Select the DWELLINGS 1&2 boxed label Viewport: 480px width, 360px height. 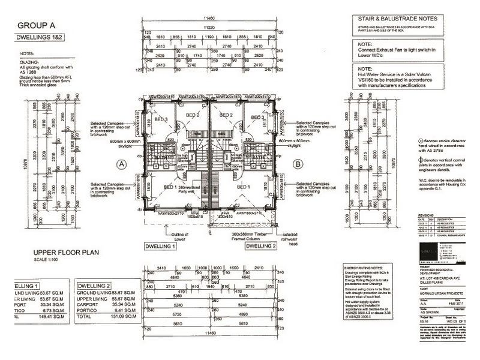click(x=43, y=38)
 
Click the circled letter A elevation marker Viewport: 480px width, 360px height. click(x=122, y=163)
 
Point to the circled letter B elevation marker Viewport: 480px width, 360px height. click(x=297, y=163)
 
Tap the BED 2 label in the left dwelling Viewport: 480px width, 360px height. click(x=192, y=115)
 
